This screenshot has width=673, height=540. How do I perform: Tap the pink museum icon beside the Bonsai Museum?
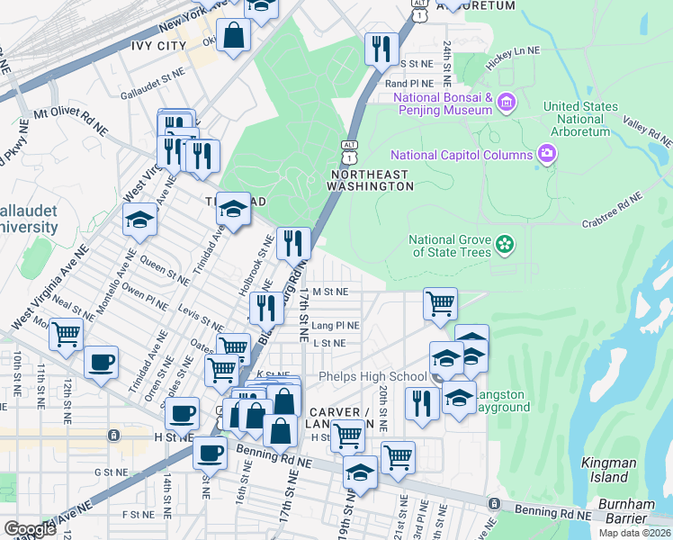(507, 103)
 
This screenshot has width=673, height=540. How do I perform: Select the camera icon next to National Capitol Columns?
(546, 154)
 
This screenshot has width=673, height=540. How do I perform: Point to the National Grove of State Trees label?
(450, 246)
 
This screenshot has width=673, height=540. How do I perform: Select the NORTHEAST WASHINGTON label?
(372, 180)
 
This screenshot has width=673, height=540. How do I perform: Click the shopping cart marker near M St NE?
(440, 304)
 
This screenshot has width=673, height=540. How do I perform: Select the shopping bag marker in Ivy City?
(234, 36)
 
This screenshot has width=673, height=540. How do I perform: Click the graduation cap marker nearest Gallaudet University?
(140, 220)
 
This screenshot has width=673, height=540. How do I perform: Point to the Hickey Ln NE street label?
(512, 53)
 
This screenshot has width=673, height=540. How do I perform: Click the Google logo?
(31, 528)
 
